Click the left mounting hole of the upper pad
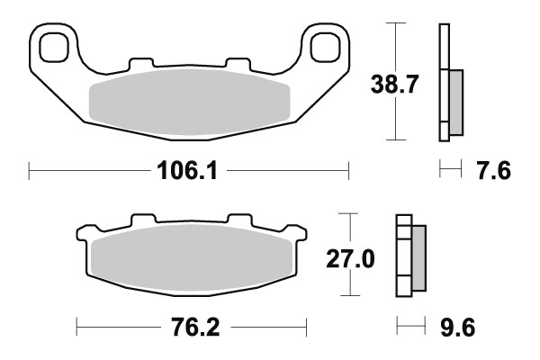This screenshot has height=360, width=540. (x=55, y=45)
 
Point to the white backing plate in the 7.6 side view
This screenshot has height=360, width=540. (x=443, y=81)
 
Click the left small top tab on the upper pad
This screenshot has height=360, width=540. (x=141, y=64)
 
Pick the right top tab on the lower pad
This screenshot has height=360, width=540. (x=239, y=220)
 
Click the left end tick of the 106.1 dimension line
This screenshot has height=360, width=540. (x=30, y=169)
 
